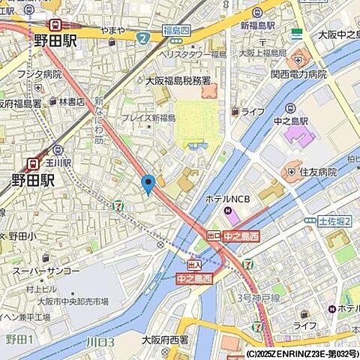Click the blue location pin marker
[148, 182]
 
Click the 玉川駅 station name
[57, 162]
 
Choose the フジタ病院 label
[41, 74]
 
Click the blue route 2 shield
[142, 36]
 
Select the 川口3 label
[100, 342]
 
